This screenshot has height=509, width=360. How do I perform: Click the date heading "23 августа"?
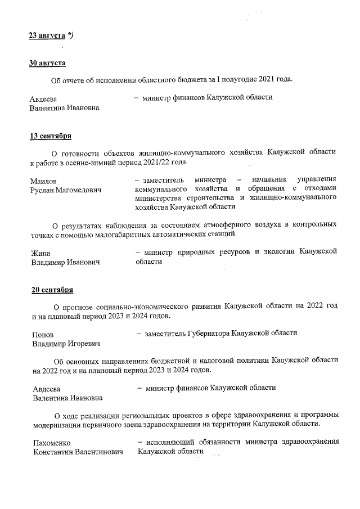coord(47,35)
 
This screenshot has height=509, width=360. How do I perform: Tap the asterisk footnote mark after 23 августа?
coord(70,35)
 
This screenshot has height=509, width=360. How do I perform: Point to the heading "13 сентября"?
coord(50,136)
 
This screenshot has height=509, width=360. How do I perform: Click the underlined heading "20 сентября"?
coord(52,290)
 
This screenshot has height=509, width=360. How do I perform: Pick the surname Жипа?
coord(40,253)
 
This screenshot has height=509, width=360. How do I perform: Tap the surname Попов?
coord(43,335)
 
